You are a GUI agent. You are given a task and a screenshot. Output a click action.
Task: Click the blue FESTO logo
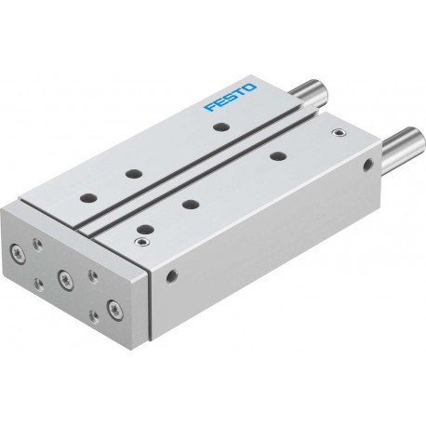coord(230,97)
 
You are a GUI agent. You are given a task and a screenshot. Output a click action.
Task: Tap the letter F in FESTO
coord(209,107)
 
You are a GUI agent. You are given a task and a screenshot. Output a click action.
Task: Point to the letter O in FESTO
coord(250,87)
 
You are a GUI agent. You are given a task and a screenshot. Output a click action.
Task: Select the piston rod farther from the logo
coord(404,144)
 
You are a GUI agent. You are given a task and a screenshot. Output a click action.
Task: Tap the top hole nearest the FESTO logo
coord(221,126)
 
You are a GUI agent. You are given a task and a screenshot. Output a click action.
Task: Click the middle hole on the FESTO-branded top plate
coord(134,174)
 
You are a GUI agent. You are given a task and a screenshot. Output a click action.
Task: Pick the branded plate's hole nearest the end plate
coord(88,197)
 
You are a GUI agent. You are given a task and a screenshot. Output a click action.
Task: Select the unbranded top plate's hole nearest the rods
coord(278,155)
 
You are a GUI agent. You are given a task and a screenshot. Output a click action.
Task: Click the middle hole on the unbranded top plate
coord(191,204)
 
